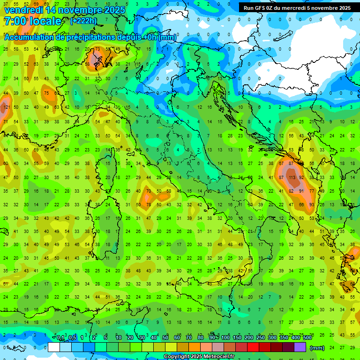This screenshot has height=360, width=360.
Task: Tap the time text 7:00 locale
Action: click(x=32, y=21)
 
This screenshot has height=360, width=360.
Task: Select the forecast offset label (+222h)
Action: click(x=83, y=21)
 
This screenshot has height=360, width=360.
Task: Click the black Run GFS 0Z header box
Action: click(x=297, y=8)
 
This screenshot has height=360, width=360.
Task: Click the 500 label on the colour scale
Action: click(x=307, y=337)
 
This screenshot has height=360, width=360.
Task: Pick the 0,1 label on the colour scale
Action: click(x=60, y=337)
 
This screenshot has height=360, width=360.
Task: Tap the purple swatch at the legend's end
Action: click(x=300, y=347)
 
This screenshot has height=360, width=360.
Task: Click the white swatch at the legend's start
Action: click(x=54, y=347)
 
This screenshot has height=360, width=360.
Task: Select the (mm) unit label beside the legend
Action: click(x=317, y=348)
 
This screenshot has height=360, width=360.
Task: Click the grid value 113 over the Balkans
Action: click(x=292, y=178)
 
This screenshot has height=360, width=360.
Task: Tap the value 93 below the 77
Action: click(x=312, y=205)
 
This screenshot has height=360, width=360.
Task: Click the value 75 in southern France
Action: click(x=46, y=93)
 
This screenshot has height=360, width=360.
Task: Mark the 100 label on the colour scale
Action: click(x=225, y=337)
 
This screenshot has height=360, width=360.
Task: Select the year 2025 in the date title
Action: click(x=114, y=10)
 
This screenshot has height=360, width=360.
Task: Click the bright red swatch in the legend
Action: click(x=253, y=347)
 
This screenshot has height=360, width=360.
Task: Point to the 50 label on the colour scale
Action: click(x=165, y=337)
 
